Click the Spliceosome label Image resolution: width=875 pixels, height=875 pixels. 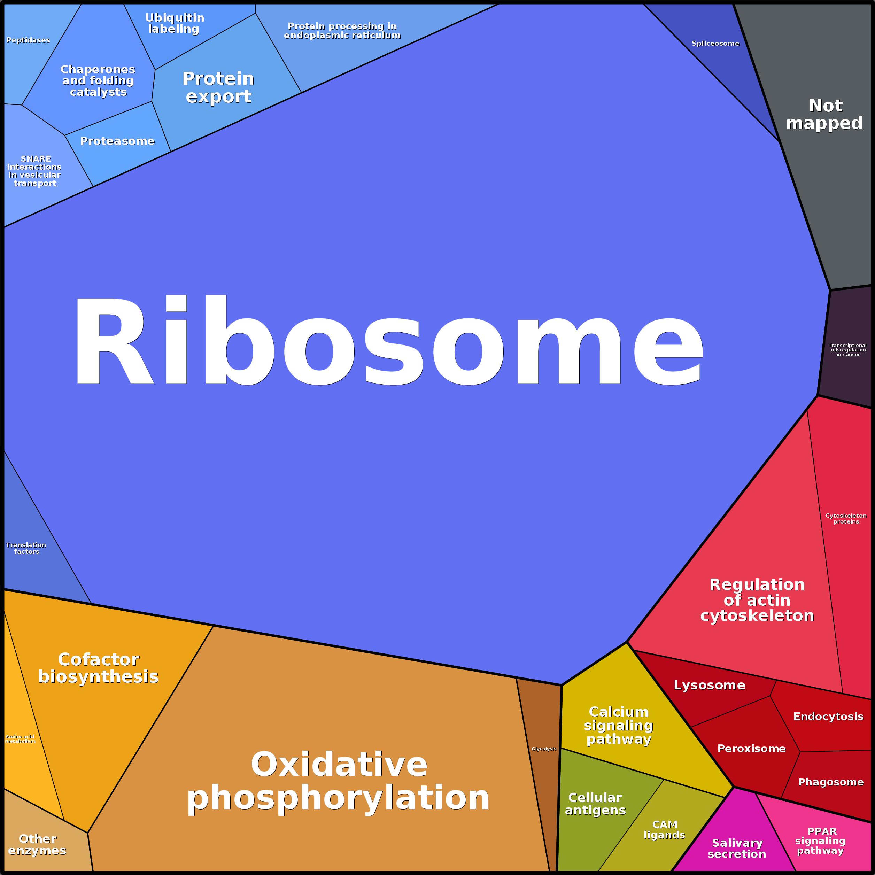pyautogui.click(x=715, y=44)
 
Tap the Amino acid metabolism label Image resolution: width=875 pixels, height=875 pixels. pyautogui.click(x=20, y=739)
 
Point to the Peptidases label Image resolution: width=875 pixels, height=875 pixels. pyautogui.click(x=28, y=40)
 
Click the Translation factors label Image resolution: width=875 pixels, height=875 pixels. pyautogui.click(x=26, y=548)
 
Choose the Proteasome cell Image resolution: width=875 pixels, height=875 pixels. pyautogui.click(x=117, y=141)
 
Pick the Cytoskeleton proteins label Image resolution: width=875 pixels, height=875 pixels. pyautogui.click(x=845, y=519)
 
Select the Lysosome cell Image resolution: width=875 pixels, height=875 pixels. pyautogui.click(x=709, y=685)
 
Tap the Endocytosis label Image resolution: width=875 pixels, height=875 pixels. pyautogui.click(x=828, y=717)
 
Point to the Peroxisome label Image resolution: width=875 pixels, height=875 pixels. pyautogui.click(x=751, y=749)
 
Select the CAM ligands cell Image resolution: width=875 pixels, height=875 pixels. pyautogui.click(x=664, y=830)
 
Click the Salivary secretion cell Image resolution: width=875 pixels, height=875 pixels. pyautogui.click(x=737, y=848)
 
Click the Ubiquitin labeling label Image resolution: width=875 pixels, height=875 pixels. pyautogui.click(x=175, y=23)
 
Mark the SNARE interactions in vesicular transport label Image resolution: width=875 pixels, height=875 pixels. pyautogui.click(x=34, y=171)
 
